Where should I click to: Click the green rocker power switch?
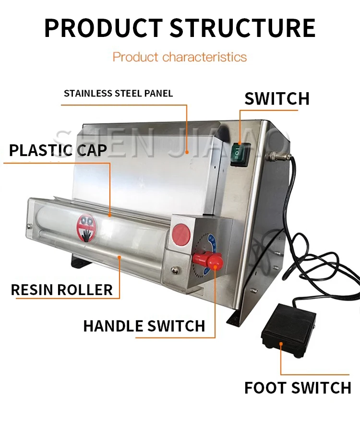pyautogui.click(x=238, y=153)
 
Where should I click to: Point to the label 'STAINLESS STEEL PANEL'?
pyautogui.click(x=118, y=93)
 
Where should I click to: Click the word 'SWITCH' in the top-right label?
pyautogui.click(x=277, y=98)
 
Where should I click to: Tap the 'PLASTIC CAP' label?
pyautogui.click(x=58, y=150)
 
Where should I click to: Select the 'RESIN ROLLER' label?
pyautogui.click(x=62, y=289)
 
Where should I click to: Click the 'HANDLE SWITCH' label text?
pyautogui.click(x=144, y=326)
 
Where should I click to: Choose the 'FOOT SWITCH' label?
pyautogui.click(x=298, y=387)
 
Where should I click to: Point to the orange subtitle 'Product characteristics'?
pyautogui.click(x=180, y=57)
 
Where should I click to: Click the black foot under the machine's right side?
pyautogui.click(x=237, y=317)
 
